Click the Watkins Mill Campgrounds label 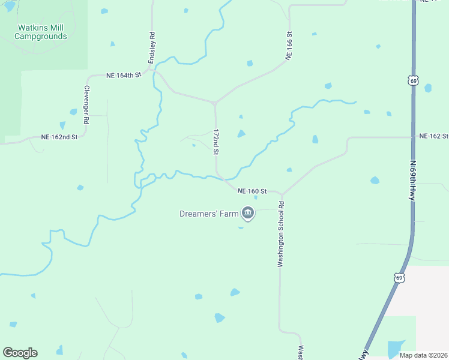click(41, 32)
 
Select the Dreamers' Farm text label click(209, 214)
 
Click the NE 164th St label click(123, 75)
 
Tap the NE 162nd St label click(59, 137)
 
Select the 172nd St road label click(216, 142)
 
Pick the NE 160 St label click(252, 191)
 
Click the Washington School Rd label click(280, 233)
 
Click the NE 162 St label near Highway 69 click(433, 136)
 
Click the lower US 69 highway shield click(399, 277)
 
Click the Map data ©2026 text click(423, 355)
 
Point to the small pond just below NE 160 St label click(256, 197)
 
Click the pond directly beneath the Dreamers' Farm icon click(241, 227)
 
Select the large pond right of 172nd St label click(241, 133)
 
